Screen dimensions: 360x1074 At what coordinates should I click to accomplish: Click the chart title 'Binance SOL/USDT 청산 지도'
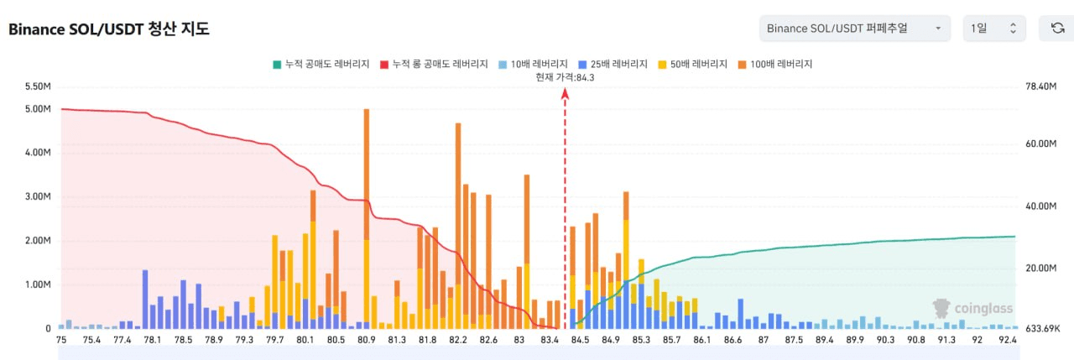pos(109,29)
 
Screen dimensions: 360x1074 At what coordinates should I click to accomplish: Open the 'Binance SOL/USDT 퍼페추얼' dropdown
pos(854,29)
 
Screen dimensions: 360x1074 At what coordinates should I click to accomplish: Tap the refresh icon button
pos(1057,29)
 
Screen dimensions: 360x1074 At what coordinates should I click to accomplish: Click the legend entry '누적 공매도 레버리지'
pos(322,64)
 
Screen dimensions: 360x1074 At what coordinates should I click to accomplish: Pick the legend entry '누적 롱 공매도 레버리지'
pos(435,64)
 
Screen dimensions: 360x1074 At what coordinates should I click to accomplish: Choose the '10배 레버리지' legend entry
pos(534,64)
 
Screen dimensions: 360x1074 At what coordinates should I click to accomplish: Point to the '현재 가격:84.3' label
pos(565,77)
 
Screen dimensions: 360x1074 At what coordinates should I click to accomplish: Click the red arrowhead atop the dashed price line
pos(565,93)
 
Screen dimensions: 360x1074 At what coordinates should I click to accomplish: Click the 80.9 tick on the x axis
pos(367,340)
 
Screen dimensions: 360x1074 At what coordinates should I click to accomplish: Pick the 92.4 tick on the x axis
pos(1007,340)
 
